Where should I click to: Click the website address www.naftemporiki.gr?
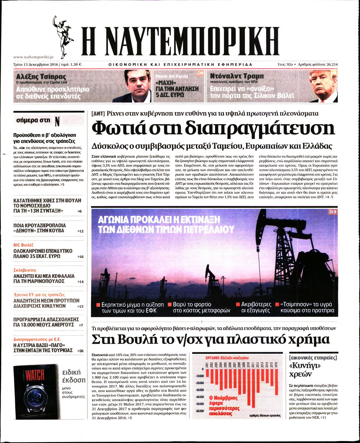pos(34,57)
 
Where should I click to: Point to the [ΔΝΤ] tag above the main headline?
pos(98,113)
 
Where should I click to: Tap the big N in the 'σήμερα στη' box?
pos(57,121)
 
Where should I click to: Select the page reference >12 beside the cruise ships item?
pos(80,231)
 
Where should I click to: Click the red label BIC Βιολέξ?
pos(23,245)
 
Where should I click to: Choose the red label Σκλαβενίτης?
pos(25,270)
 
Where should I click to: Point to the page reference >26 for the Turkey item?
pos(80,351)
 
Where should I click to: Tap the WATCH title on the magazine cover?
pos(35,375)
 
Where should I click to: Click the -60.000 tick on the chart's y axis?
pos(199,411)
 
